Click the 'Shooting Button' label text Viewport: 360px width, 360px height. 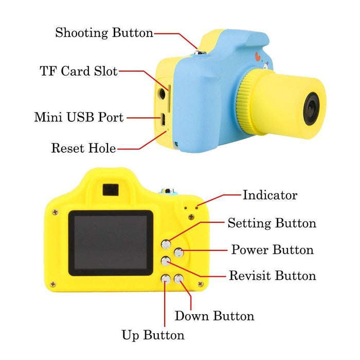click(x=104, y=32)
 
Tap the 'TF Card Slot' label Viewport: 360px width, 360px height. click(x=79, y=71)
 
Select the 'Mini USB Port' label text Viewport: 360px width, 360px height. click(x=79, y=117)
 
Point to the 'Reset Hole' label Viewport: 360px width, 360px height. click(x=83, y=148)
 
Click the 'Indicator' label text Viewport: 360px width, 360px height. click(x=270, y=195)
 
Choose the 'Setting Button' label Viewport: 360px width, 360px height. click(x=272, y=223)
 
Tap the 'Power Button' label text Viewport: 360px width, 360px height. click(x=272, y=249)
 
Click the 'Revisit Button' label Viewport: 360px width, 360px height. click(x=273, y=276)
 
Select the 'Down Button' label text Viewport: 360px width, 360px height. click(x=214, y=316)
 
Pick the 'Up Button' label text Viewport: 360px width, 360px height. click(x=153, y=335)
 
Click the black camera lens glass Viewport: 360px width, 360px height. click(x=311, y=109)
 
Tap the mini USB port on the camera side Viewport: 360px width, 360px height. click(x=163, y=120)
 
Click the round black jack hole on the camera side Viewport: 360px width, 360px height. click(x=163, y=94)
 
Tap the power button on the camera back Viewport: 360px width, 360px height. click(x=178, y=253)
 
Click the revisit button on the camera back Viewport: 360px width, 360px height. click(x=166, y=261)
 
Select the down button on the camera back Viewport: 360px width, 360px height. click(x=178, y=279)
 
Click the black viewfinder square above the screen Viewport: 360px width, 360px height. click(x=111, y=190)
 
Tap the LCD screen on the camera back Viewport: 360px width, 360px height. click(x=111, y=243)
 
